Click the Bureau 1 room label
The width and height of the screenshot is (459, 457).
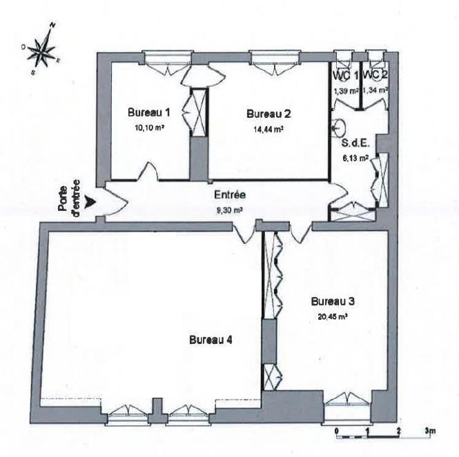[148, 112]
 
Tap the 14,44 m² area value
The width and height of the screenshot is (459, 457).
[268, 129]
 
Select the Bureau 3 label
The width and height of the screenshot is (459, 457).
[333, 301]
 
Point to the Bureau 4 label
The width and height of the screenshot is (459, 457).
[211, 340]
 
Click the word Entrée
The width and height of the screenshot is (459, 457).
[230, 195]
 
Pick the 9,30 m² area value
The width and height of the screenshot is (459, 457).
[230, 210]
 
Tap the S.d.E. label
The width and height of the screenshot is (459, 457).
[355, 143]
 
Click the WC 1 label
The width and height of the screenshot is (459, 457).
[345, 75]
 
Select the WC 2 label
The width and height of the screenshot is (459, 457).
[375, 75]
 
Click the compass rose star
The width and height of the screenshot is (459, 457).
[43, 49]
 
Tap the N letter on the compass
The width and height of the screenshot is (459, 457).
[52, 25]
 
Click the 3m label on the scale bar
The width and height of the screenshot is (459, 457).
[430, 431]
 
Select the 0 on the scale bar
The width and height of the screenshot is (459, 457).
[337, 431]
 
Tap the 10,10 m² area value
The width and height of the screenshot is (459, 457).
[149, 128]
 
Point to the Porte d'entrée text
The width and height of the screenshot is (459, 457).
[70, 199]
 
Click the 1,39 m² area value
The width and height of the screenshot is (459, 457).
[346, 91]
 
